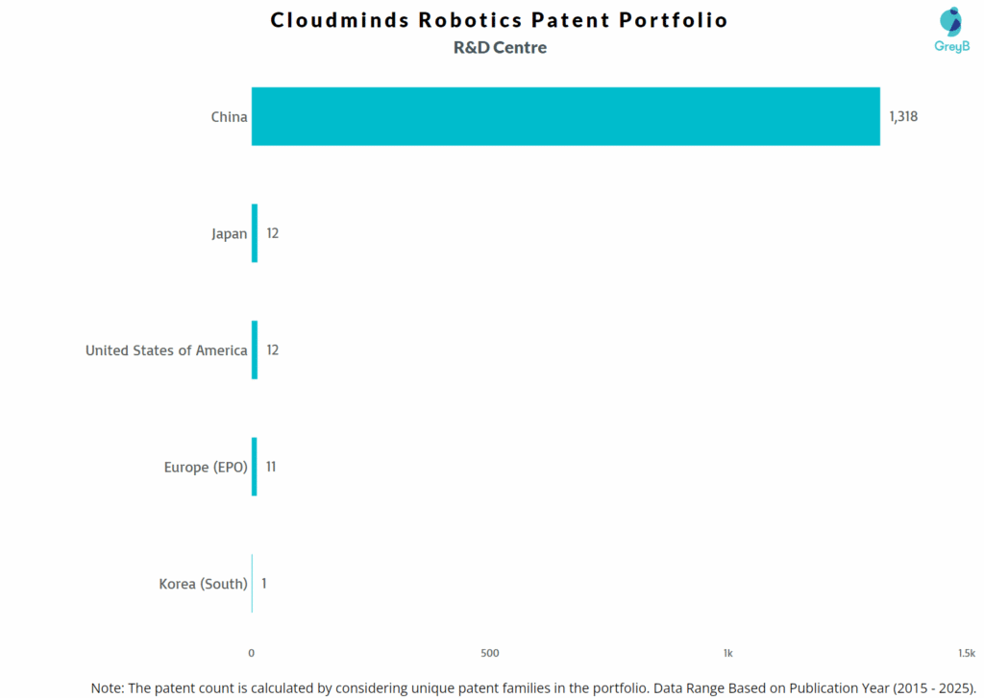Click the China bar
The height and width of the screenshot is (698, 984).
(565, 116)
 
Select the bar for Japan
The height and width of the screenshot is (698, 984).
(255, 233)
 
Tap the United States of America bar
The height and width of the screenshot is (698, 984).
(255, 349)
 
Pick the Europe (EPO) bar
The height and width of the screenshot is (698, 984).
(255, 467)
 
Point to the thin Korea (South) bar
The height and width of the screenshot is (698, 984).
(252, 583)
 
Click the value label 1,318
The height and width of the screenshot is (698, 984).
(903, 116)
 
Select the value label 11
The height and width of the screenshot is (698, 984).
(271, 467)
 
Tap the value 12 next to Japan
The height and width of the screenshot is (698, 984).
(272, 233)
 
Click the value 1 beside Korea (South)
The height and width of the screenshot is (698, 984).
(264, 583)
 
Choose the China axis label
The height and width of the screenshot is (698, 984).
(229, 117)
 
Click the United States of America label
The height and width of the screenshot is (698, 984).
(166, 350)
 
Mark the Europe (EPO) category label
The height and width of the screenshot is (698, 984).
(206, 468)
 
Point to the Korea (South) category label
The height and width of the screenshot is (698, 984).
(203, 584)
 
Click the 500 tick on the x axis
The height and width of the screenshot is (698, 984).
(490, 653)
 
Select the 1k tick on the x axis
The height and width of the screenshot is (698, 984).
(728, 653)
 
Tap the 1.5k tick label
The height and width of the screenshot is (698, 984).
(966, 653)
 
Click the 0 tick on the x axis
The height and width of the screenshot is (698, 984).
(252, 653)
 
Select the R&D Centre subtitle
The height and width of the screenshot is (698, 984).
(500, 47)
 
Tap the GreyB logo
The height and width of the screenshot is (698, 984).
(951, 30)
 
